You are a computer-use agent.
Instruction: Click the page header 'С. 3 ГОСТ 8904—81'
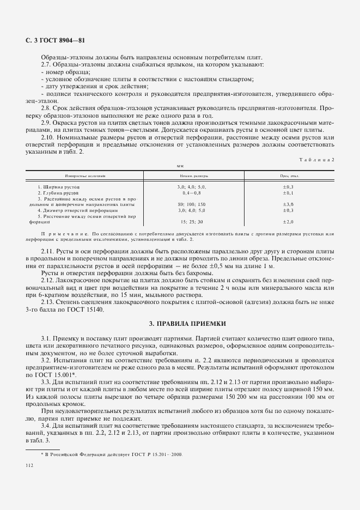[x=56, y=41]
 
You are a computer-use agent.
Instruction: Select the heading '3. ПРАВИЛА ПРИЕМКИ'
[x=180, y=323]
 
